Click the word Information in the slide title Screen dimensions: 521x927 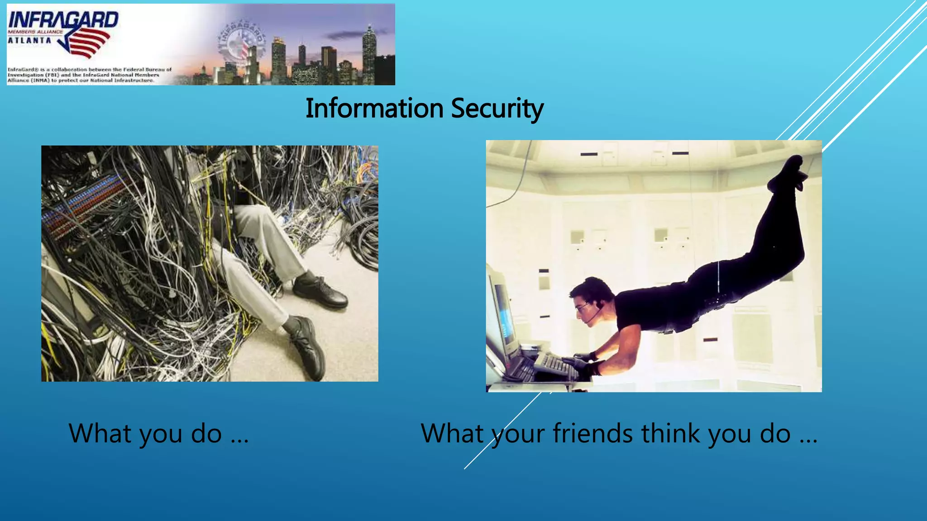[x=374, y=109]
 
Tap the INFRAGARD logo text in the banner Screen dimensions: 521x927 [x=63, y=20]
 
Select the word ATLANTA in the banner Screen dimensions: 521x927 [x=29, y=40]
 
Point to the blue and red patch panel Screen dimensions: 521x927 [x=81, y=204]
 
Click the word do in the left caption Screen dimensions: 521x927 [x=206, y=433]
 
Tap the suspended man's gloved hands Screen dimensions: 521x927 [x=584, y=362]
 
